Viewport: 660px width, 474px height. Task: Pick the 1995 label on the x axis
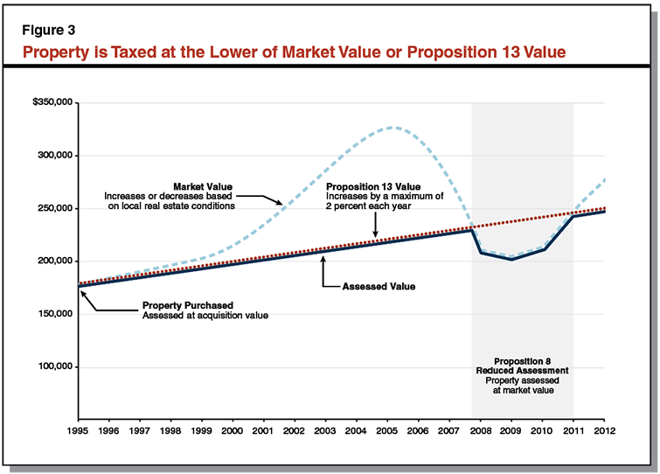coord(79,430)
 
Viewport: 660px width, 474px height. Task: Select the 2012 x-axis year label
coord(604,430)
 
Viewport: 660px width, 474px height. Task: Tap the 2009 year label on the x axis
coord(511,430)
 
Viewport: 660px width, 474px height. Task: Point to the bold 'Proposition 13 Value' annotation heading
coord(373,186)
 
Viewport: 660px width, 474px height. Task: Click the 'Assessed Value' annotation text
coord(379,286)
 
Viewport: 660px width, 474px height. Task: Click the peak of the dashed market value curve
coord(393,128)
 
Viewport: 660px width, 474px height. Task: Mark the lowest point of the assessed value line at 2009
coord(511,260)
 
